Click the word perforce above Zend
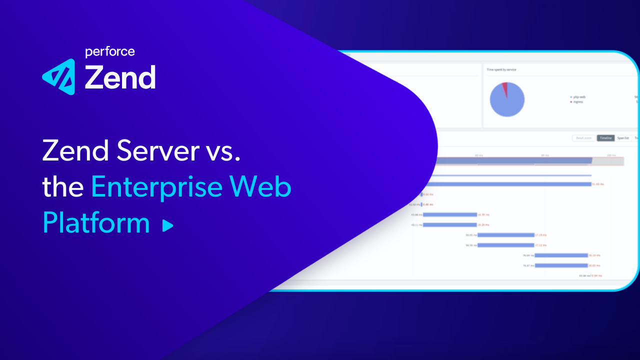pyautogui.click(x=109, y=51)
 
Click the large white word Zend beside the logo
pyautogui.click(x=120, y=78)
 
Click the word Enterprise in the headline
pyautogui.click(x=157, y=186)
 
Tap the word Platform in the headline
pyautogui.click(x=96, y=223)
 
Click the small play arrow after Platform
pyautogui.click(x=168, y=226)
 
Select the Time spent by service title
pyautogui.click(x=501, y=70)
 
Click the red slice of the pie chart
pyautogui.click(x=504, y=89)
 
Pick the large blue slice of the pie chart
pyautogui.click(x=507, y=101)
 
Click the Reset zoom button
pyautogui.click(x=583, y=138)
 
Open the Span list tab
pyautogui.click(x=622, y=138)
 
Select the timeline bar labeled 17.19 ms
pyautogui.click(x=506, y=234)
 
